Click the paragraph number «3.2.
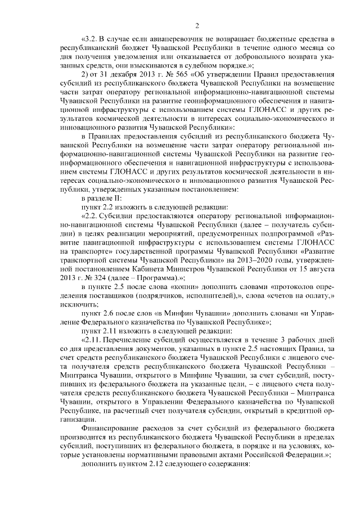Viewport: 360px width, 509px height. (90, 39)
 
